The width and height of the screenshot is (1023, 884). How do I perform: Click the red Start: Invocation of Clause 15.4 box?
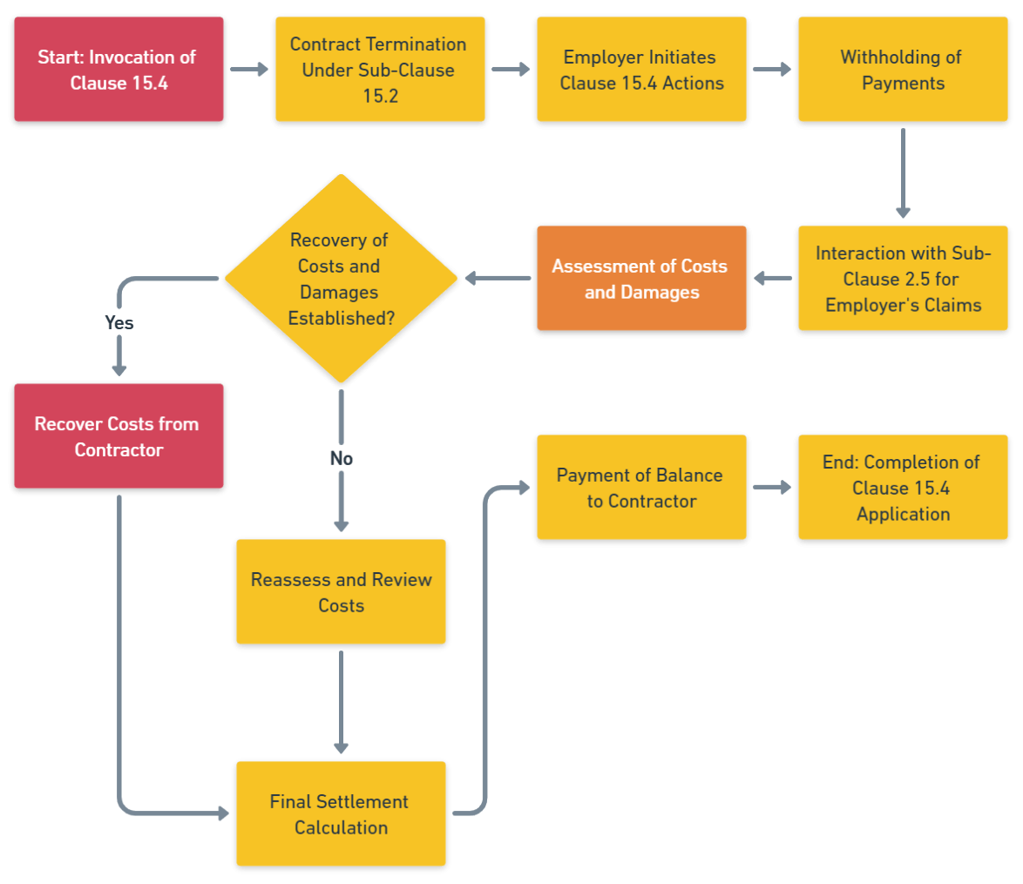point(118,71)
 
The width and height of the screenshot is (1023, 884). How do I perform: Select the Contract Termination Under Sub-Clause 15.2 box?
point(379,71)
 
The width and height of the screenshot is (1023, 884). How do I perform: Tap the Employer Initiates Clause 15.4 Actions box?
point(640,71)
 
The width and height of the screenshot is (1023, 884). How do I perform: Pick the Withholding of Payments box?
point(902,71)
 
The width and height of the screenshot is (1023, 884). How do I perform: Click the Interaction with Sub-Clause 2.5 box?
point(902,279)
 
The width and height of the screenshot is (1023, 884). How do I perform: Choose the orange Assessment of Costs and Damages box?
point(640,279)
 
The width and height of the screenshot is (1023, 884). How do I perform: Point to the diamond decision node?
point(341,279)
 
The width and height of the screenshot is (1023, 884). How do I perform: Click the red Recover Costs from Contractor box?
point(118,437)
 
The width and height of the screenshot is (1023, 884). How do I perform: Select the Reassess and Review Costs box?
point(341,592)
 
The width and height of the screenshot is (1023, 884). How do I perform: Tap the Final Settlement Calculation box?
point(341,814)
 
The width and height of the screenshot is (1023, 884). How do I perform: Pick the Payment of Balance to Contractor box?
point(640,488)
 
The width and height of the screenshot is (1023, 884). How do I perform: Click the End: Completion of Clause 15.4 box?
point(902,488)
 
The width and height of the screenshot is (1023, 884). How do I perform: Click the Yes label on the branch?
point(119,322)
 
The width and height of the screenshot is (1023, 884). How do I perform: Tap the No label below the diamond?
point(341,458)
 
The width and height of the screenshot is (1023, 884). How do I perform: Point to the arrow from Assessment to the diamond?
point(498,279)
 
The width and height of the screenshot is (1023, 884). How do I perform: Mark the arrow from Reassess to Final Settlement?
point(341,702)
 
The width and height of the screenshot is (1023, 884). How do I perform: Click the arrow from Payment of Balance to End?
point(772,488)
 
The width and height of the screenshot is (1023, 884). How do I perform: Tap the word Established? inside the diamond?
point(341,319)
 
